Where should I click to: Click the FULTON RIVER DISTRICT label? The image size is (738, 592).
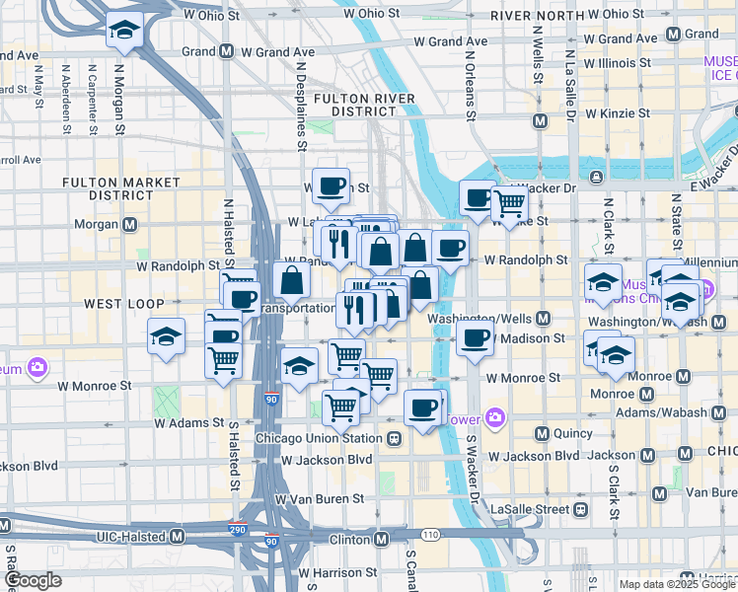[x=355, y=106]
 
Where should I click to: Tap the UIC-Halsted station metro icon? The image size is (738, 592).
[x=178, y=536]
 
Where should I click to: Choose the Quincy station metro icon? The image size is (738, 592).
[x=542, y=433]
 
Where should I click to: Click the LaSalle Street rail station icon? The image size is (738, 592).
[x=580, y=508]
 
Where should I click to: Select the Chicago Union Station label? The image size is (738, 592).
[x=318, y=438]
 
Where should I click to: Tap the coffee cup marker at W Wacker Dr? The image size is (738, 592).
[x=478, y=197]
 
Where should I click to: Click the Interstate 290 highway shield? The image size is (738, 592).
[x=237, y=530]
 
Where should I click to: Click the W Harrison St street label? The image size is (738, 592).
[x=337, y=572]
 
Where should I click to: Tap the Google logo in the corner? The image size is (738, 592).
[x=34, y=581]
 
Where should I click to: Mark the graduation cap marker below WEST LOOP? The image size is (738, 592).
[x=167, y=336]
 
